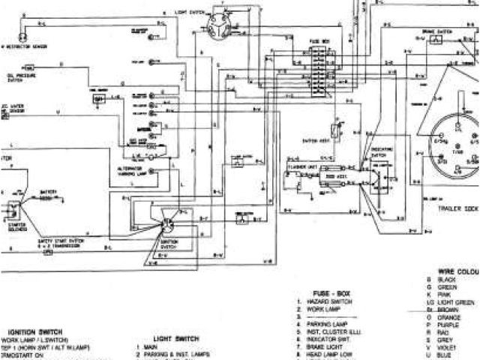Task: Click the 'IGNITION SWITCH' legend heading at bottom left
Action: tap(34, 331)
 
